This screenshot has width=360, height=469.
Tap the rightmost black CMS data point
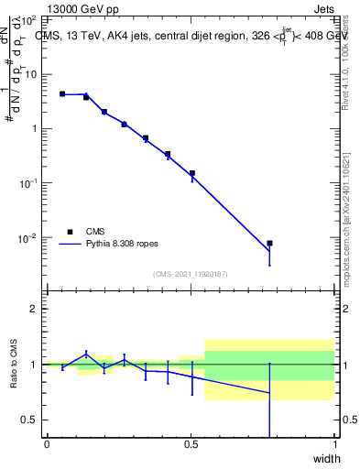pos(269,244)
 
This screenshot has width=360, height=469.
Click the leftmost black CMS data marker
pos(62,93)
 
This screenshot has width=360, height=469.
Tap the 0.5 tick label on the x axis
pos(191,445)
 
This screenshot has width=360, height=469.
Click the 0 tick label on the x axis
pos(47,445)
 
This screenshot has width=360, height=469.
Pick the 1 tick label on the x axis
pos(335,445)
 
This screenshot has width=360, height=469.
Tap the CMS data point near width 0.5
pos(192,173)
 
